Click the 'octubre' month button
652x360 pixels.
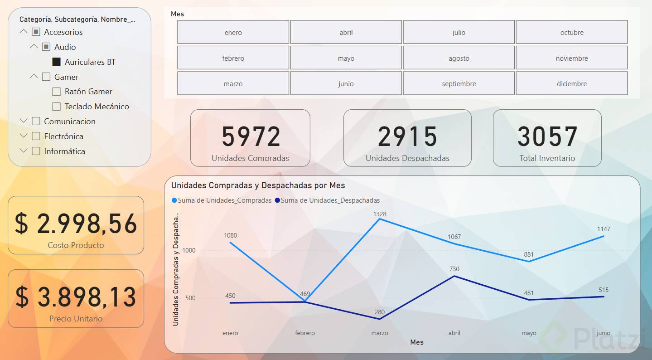click(572, 32)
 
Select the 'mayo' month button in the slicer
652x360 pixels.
click(346, 58)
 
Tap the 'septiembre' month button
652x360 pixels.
click(459, 84)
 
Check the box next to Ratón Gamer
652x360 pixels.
click(57, 92)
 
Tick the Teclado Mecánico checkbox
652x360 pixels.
click(57, 107)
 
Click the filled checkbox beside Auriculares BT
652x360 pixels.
click(57, 62)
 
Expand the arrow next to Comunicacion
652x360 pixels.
click(24, 121)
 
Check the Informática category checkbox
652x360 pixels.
click(36, 151)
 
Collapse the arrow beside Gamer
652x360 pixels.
click(34, 77)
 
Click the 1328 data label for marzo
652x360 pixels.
click(380, 214)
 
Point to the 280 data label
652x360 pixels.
click(380, 312)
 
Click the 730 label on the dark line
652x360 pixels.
click(454, 269)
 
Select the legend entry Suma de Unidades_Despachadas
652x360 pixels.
click(330, 200)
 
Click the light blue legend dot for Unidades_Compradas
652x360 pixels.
click(174, 200)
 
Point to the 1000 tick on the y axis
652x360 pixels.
click(189, 251)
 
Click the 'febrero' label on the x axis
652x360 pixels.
click(305, 333)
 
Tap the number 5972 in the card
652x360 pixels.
click(251, 136)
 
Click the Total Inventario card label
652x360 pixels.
click(547, 158)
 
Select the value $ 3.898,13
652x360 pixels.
click(76, 297)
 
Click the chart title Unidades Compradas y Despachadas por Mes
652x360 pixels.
click(258, 185)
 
